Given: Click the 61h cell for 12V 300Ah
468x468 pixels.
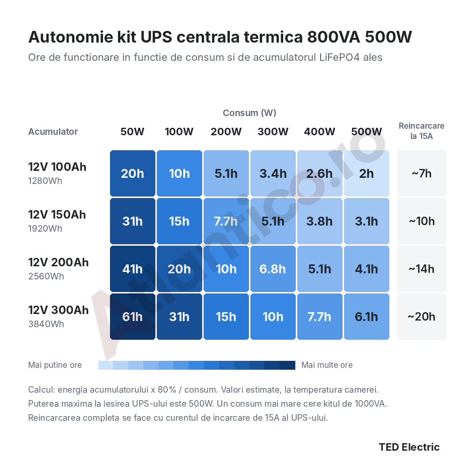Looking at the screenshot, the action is pyautogui.click(x=132, y=317).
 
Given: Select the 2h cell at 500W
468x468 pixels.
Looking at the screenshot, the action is pyautogui.click(x=366, y=174).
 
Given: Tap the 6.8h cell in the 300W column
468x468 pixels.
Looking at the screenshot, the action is pyautogui.click(x=273, y=269).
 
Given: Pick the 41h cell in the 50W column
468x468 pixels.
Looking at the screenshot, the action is pyautogui.click(x=132, y=269).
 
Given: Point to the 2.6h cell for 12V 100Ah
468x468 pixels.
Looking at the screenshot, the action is pyautogui.click(x=320, y=174).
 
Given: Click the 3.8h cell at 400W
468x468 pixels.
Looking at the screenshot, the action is pyautogui.click(x=320, y=221).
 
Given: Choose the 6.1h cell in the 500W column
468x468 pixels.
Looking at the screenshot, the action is pyautogui.click(x=366, y=317).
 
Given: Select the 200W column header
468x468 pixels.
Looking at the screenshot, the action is pyautogui.click(x=226, y=132).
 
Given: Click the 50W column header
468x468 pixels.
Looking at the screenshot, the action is pyautogui.click(x=132, y=132).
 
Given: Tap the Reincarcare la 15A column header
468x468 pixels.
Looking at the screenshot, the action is pyautogui.click(x=422, y=131).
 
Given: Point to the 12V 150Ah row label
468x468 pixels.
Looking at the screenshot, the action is pyautogui.click(x=57, y=215).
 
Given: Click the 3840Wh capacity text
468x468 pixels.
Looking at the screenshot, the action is pyautogui.click(x=46, y=324).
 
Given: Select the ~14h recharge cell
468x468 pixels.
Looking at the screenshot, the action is pyautogui.click(x=422, y=269).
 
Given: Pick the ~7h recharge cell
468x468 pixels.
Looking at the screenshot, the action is pyautogui.click(x=422, y=174).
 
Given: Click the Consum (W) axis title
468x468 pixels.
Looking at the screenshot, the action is pyautogui.click(x=249, y=113).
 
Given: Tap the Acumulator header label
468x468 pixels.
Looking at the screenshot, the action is pyautogui.click(x=53, y=132).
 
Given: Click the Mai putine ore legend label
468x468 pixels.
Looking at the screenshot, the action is pyautogui.click(x=55, y=365).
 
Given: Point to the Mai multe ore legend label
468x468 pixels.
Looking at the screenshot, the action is pyautogui.click(x=327, y=365).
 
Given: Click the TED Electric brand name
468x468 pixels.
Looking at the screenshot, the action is pyautogui.click(x=409, y=447).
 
